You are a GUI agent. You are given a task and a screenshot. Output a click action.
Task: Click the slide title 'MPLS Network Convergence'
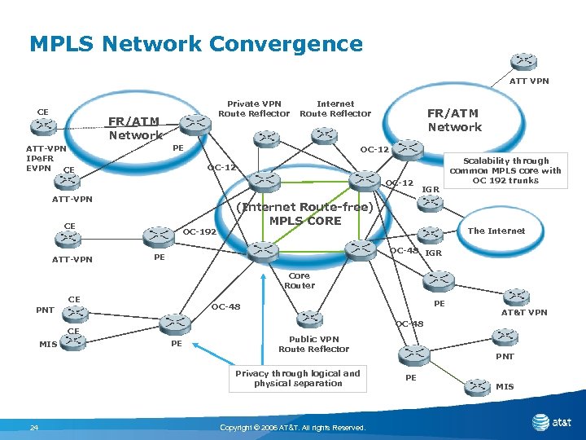click(x=195, y=43)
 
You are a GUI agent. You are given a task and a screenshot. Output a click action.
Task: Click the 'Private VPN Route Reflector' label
click(x=254, y=108)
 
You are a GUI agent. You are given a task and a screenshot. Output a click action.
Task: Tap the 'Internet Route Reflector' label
click(x=335, y=108)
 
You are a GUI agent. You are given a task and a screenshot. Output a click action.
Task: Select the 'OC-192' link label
click(x=199, y=231)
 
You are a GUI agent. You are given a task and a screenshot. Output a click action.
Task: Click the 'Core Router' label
click(x=299, y=280)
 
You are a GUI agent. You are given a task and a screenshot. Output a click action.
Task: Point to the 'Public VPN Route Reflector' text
click(x=313, y=344)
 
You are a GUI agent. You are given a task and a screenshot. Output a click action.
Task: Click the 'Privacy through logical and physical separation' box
click(x=297, y=378)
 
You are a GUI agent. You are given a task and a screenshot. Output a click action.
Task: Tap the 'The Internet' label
click(x=496, y=231)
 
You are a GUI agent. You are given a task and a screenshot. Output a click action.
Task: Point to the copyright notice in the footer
click(x=293, y=428)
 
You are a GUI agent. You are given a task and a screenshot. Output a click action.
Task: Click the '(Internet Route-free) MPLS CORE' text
click(x=304, y=213)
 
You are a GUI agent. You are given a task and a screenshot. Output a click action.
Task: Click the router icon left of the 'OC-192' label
click(x=159, y=235)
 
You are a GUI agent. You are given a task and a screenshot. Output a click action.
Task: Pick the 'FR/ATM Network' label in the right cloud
click(x=454, y=120)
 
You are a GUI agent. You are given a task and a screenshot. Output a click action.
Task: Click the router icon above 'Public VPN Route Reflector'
click(x=308, y=319)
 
